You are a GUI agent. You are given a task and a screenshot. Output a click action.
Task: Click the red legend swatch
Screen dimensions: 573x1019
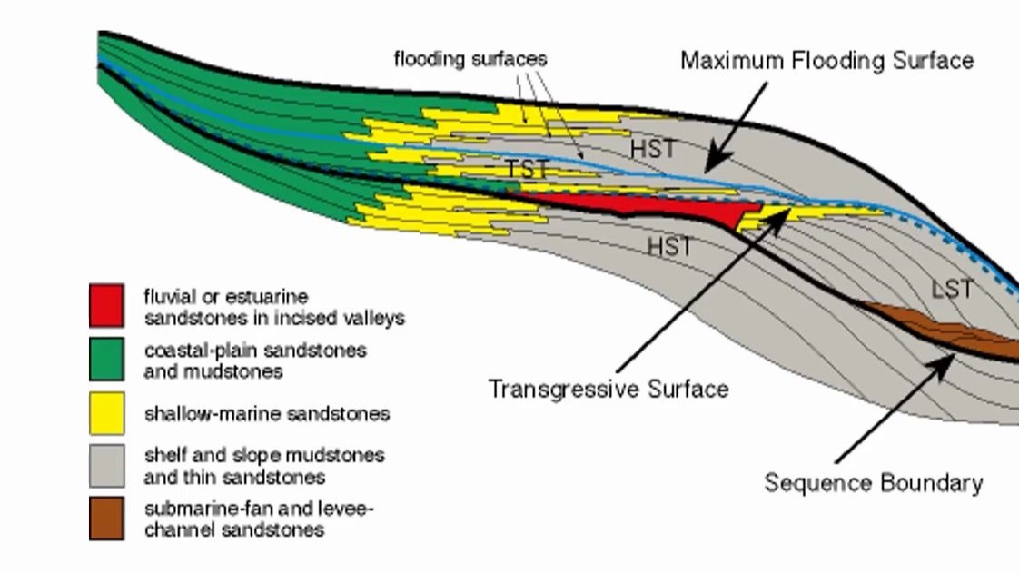click(x=106, y=305)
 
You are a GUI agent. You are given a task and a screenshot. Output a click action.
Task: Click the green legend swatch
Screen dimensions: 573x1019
click(x=106, y=359)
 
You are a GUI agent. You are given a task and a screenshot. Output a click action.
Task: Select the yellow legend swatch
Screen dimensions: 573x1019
click(x=106, y=413)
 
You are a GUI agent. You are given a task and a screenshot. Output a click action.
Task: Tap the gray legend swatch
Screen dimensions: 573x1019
click(x=106, y=465)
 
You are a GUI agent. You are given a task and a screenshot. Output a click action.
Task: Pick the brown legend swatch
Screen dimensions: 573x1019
click(x=106, y=518)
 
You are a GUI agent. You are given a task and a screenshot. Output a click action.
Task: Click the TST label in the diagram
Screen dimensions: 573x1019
click(x=527, y=169)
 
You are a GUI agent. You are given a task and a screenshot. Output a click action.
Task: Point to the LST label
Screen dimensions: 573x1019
click(x=952, y=290)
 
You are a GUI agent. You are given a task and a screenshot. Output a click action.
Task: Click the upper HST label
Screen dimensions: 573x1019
click(x=652, y=148)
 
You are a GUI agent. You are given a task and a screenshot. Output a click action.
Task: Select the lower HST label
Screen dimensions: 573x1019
click(x=669, y=245)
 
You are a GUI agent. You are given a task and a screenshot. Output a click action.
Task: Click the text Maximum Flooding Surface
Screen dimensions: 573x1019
click(x=826, y=61)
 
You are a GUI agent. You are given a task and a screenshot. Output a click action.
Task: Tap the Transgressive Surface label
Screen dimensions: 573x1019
click(x=608, y=390)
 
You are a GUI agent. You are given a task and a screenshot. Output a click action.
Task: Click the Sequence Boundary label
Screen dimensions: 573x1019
click(x=873, y=482)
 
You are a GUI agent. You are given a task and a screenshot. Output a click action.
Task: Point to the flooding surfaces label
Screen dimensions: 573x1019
click(x=470, y=59)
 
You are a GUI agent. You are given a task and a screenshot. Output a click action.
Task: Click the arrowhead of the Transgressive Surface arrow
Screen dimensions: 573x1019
click(x=783, y=216)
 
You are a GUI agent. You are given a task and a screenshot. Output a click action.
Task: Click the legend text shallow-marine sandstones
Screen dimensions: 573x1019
click(x=267, y=414)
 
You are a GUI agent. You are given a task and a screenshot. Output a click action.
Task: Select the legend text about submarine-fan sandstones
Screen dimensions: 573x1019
click(x=259, y=519)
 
